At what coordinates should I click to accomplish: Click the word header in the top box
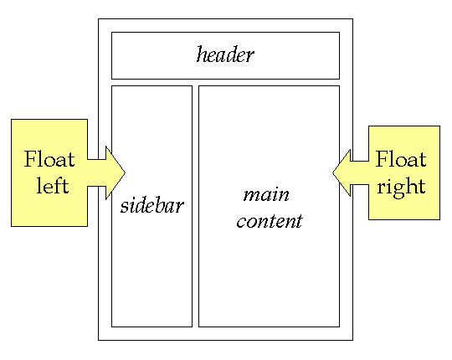coord(225,56)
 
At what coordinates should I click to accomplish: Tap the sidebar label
coord(152,205)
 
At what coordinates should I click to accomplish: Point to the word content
coord(269,223)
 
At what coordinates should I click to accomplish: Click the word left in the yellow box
coord(52,185)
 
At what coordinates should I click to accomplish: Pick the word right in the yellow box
coord(401,185)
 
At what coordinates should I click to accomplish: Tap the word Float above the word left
coord(49,159)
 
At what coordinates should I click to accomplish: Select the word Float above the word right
coord(401,159)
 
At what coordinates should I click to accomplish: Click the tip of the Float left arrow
coord(125,172)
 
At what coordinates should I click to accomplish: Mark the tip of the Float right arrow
coord(332,172)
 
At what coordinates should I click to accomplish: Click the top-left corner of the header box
coord(111,33)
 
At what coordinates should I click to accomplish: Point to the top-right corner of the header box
coord(339,33)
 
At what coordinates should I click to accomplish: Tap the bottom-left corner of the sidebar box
coord(111,327)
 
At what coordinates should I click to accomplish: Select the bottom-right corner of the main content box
coord(339,327)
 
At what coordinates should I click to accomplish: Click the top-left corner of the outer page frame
coord(98,18)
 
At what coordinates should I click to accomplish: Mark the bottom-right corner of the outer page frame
coord(352,340)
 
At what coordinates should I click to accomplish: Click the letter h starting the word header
coord(202,56)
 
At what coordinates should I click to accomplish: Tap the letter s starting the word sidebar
coord(124,206)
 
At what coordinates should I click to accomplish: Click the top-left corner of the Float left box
coord(11,119)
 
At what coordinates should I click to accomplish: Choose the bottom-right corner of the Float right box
coord(439,220)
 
